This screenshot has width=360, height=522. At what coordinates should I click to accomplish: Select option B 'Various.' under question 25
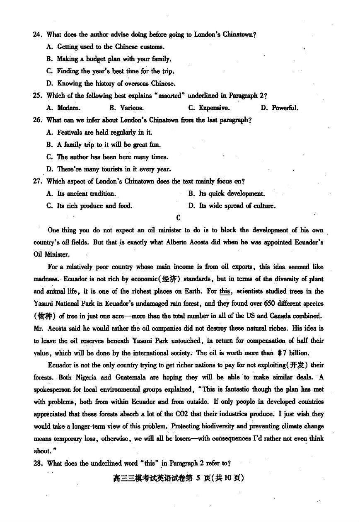127,108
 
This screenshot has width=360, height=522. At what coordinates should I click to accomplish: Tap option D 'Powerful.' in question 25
280,108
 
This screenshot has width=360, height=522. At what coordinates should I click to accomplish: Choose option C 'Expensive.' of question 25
209,108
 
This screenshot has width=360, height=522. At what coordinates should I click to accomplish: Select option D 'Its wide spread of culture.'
232,206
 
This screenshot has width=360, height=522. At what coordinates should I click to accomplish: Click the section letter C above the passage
179,218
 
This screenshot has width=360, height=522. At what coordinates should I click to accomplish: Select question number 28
38,464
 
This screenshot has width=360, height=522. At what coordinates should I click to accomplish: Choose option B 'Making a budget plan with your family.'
109,59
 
